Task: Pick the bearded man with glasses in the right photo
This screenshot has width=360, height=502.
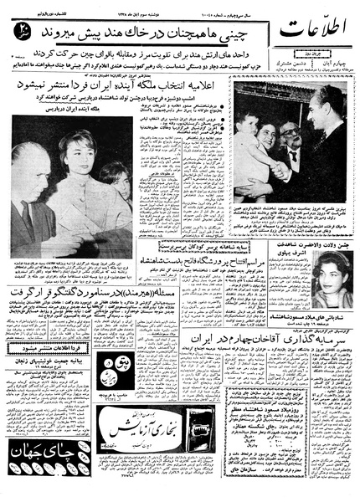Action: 296,138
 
